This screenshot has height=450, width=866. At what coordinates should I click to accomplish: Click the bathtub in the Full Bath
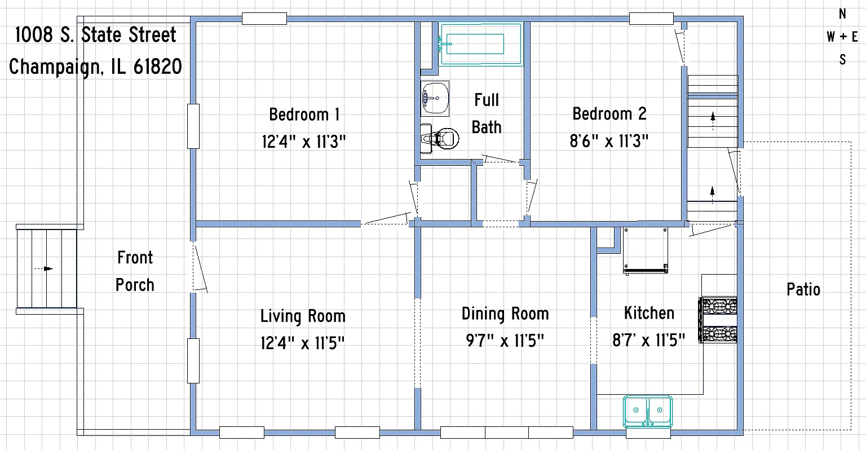coord(481,44)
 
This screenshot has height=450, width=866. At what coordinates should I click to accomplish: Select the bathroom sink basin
coord(435,98)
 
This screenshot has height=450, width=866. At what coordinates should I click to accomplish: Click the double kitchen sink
coord(648,411)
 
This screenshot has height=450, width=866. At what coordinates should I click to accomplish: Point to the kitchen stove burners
coord(718,320)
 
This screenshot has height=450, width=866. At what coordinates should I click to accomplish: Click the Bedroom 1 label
coord(304,114)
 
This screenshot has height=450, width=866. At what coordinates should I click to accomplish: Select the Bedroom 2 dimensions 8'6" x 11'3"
coord(609,141)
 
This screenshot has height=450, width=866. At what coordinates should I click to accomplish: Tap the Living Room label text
coord(303,316)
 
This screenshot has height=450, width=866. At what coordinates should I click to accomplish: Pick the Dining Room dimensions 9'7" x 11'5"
coord(505,341)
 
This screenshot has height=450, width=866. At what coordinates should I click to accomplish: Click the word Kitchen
coord(649,313)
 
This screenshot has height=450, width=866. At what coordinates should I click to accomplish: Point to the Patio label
coord(803,289)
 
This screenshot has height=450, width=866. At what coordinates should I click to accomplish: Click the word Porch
coord(135,285)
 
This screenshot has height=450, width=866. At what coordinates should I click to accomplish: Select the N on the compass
coord(842,14)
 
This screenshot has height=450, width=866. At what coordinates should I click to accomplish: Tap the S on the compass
coord(842,60)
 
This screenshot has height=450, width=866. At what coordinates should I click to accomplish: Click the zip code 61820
coord(158,67)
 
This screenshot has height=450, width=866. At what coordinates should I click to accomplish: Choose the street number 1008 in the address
coord(34,35)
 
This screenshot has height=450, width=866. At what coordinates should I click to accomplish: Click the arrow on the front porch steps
coord(43,268)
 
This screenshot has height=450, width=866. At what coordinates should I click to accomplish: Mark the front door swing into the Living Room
coord(200,267)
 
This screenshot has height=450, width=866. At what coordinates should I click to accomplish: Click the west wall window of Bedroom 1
coord(193,126)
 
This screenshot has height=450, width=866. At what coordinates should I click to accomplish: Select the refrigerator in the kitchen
coord(645,250)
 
